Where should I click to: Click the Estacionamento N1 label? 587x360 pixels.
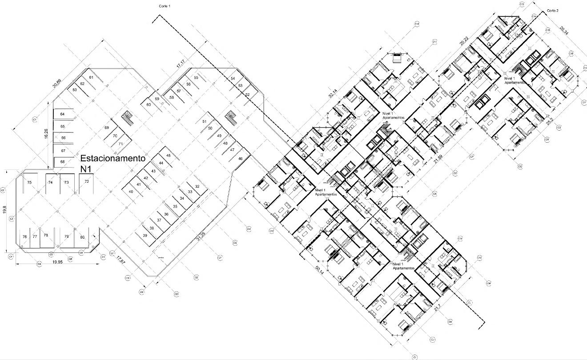(113, 163)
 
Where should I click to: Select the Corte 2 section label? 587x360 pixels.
(552, 10)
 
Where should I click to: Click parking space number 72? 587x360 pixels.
(87, 182)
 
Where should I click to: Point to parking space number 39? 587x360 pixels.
(145, 235)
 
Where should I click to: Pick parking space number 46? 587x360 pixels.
(241, 158)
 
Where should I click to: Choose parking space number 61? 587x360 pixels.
(91, 78)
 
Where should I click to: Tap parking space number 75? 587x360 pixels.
(29, 182)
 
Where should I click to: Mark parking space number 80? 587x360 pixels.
(82, 237)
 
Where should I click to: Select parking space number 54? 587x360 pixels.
(233, 78)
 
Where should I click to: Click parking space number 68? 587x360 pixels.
(63, 161)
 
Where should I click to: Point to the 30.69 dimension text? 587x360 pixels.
(56, 84)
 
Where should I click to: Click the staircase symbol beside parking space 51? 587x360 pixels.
(231, 117)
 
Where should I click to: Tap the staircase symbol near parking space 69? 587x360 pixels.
(127, 117)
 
